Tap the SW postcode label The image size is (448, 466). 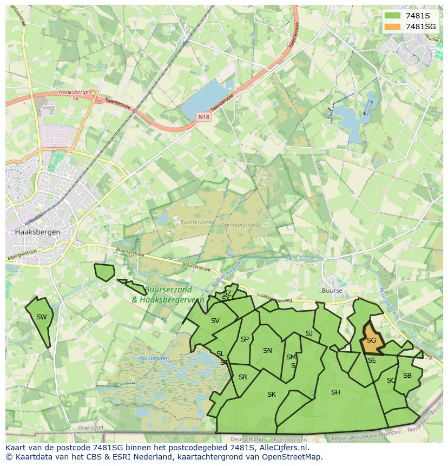[42, 317]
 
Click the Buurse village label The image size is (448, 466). [332, 291]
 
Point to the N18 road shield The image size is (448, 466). [203, 117]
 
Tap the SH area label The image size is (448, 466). [335, 392]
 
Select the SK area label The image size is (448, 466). [272, 395]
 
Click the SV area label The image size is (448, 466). [215, 321]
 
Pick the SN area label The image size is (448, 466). [267, 351]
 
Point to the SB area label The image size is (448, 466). [407, 376]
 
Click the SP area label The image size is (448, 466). [245, 339]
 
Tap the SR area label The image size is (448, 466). [243, 377]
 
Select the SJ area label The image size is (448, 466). [309, 333]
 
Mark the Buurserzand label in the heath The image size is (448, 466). [196, 222]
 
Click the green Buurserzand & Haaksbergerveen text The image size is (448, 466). [168, 295]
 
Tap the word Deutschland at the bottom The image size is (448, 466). [247, 439]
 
